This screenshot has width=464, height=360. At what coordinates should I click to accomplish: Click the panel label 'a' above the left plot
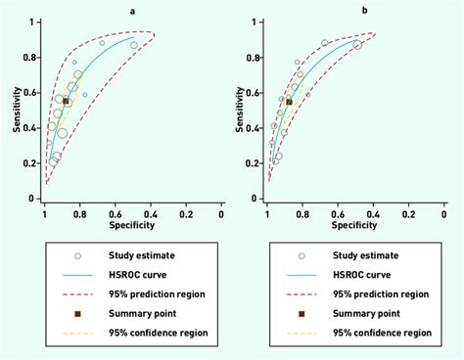pyautogui.click(x=132, y=10)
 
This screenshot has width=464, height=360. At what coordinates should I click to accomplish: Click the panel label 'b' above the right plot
pyautogui.click(x=364, y=10)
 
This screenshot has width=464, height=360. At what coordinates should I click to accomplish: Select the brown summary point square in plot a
pyautogui.click(x=66, y=101)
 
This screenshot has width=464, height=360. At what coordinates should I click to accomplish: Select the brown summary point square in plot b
pyautogui.click(x=289, y=101)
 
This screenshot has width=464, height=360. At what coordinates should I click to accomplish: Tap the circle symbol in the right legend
pyautogui.click(x=302, y=255)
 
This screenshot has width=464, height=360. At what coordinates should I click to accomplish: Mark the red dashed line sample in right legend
pyautogui.click(x=302, y=293)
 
